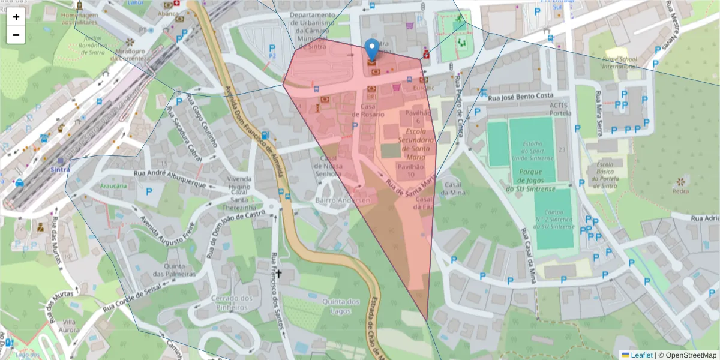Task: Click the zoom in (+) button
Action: tap(16, 17)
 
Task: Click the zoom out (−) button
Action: tap(16, 35)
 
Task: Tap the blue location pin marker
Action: tap(372, 49)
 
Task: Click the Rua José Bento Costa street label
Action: tap(520, 96)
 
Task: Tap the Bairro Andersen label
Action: tap(343, 199)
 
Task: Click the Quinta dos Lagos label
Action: tap(341, 306)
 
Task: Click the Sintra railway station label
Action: tap(60, 170)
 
